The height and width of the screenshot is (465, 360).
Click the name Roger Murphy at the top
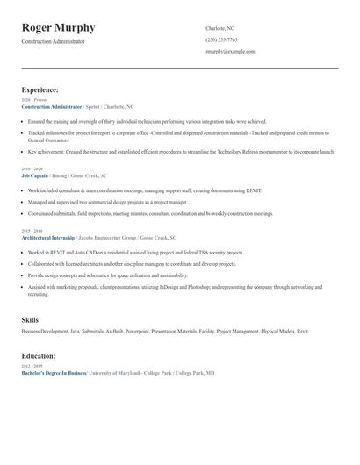(59, 28)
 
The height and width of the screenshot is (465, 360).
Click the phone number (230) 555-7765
(221, 39)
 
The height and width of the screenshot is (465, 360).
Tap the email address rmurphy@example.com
(230, 51)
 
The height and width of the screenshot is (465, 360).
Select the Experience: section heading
(40, 89)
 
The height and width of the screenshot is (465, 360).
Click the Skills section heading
(30, 320)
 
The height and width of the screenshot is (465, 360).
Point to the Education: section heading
(39, 356)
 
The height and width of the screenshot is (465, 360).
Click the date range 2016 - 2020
(31, 169)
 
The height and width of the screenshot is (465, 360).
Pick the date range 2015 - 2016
(31, 231)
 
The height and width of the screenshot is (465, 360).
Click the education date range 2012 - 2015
(31, 367)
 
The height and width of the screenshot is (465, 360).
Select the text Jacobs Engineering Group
(111, 237)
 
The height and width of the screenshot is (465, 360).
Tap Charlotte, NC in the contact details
(220, 28)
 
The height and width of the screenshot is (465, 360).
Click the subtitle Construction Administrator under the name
(54, 41)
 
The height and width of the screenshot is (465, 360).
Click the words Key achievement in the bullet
(45, 151)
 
